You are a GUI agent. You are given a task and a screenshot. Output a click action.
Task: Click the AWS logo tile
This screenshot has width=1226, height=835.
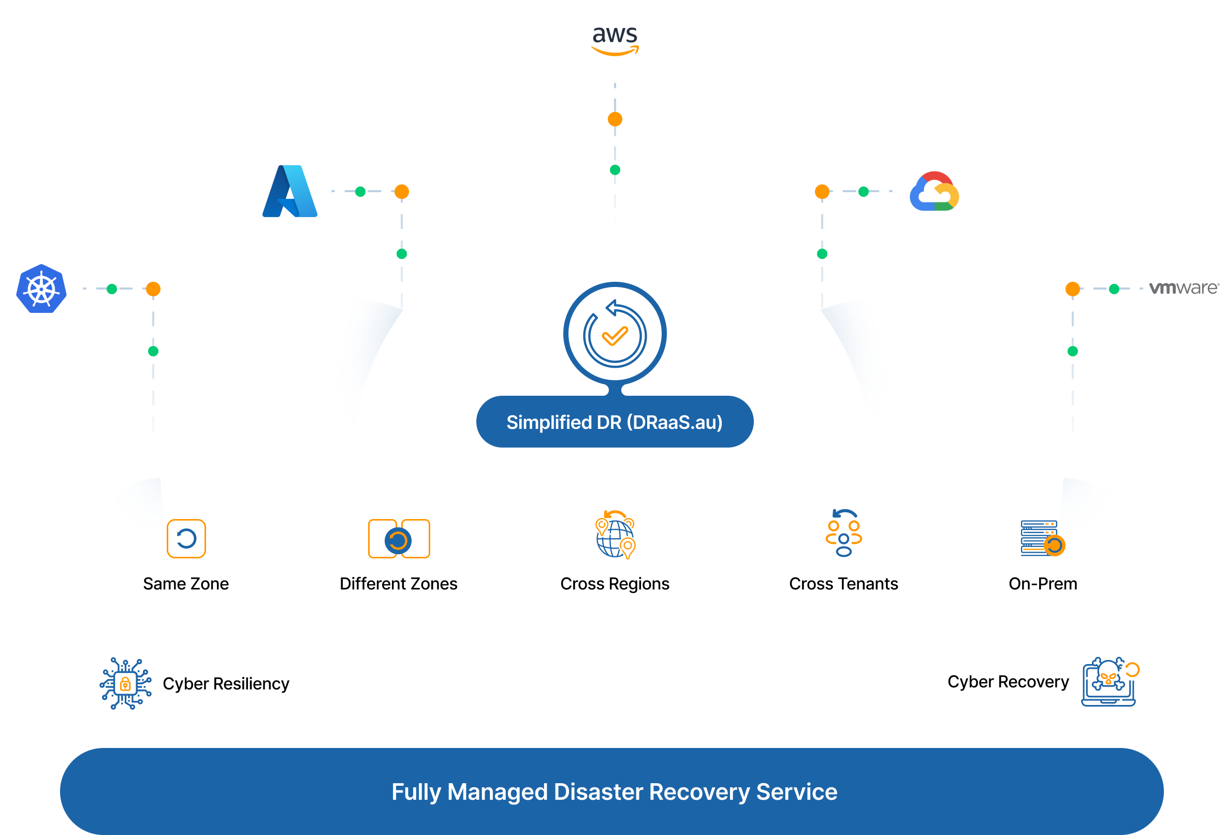(615, 41)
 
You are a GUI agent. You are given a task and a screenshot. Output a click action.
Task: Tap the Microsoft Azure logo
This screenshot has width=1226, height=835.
(289, 191)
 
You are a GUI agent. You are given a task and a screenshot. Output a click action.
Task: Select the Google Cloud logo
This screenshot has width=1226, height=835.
(934, 191)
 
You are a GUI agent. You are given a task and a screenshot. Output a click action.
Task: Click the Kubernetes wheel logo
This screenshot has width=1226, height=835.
(41, 289)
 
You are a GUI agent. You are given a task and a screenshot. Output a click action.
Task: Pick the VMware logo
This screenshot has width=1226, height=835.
(1184, 288)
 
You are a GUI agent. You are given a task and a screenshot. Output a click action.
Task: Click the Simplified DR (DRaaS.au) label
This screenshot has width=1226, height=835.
(615, 422)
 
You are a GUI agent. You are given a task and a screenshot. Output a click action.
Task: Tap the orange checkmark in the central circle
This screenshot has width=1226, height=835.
(615, 336)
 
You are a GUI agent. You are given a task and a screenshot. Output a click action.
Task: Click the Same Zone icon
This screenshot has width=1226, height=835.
(186, 538)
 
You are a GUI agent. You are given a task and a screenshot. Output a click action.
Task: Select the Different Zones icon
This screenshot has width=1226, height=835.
(399, 539)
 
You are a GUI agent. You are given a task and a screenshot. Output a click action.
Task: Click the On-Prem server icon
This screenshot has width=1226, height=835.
(1042, 538)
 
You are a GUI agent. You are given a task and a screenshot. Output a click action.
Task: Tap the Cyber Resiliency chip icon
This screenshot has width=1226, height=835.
(126, 684)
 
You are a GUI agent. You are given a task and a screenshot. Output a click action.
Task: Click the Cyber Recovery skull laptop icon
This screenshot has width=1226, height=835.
(1110, 682)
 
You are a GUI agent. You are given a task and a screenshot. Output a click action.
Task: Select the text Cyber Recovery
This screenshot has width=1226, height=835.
(1008, 682)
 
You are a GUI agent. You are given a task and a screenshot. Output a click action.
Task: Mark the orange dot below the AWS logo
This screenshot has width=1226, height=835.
(615, 119)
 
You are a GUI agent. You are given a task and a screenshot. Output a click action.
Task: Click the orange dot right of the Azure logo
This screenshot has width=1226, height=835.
(402, 192)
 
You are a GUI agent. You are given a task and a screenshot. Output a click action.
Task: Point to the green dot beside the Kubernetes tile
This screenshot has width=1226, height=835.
(112, 289)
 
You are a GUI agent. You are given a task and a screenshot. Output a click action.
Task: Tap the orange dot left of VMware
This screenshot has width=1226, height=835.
(1072, 289)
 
